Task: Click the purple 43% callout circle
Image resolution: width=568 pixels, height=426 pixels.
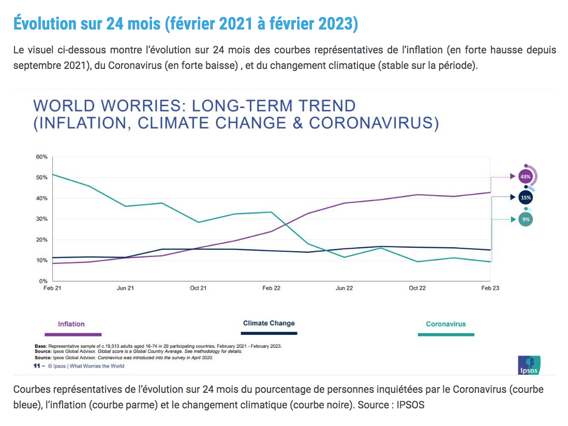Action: pyautogui.click(x=526, y=177)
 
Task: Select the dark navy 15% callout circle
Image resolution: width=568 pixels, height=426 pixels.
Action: pyautogui.click(x=526, y=197)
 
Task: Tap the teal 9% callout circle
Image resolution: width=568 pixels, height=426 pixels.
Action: pyautogui.click(x=526, y=220)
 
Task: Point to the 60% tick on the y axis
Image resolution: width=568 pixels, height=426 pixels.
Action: pyautogui.click(x=41, y=157)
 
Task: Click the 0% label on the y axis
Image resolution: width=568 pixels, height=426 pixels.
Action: pyautogui.click(x=43, y=281)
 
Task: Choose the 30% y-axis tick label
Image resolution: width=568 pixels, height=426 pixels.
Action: pyautogui.click(x=41, y=219)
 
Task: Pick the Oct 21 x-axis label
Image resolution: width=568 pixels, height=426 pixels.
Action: pyautogui.click(x=198, y=288)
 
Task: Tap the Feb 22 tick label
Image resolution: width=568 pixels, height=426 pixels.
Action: pyautogui.click(x=271, y=288)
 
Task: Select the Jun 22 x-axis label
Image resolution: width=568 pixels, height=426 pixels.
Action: pyautogui.click(x=344, y=288)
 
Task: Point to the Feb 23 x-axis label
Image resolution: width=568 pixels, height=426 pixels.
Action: pyautogui.click(x=490, y=288)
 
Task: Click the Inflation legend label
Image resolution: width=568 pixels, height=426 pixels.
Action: pyautogui.click(x=71, y=324)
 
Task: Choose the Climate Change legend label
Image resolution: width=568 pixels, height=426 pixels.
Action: pyautogui.click(x=269, y=323)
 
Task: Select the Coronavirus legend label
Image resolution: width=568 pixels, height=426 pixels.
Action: pyautogui.click(x=446, y=324)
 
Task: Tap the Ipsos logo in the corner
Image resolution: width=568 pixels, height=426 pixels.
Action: pyautogui.click(x=529, y=365)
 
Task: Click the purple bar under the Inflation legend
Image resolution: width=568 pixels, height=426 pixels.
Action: pyautogui.click(x=73, y=335)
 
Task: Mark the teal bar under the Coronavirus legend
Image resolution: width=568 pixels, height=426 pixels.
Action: pyautogui.click(x=446, y=335)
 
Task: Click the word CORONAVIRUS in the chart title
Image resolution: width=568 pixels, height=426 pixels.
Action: pyautogui.click(x=374, y=123)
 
